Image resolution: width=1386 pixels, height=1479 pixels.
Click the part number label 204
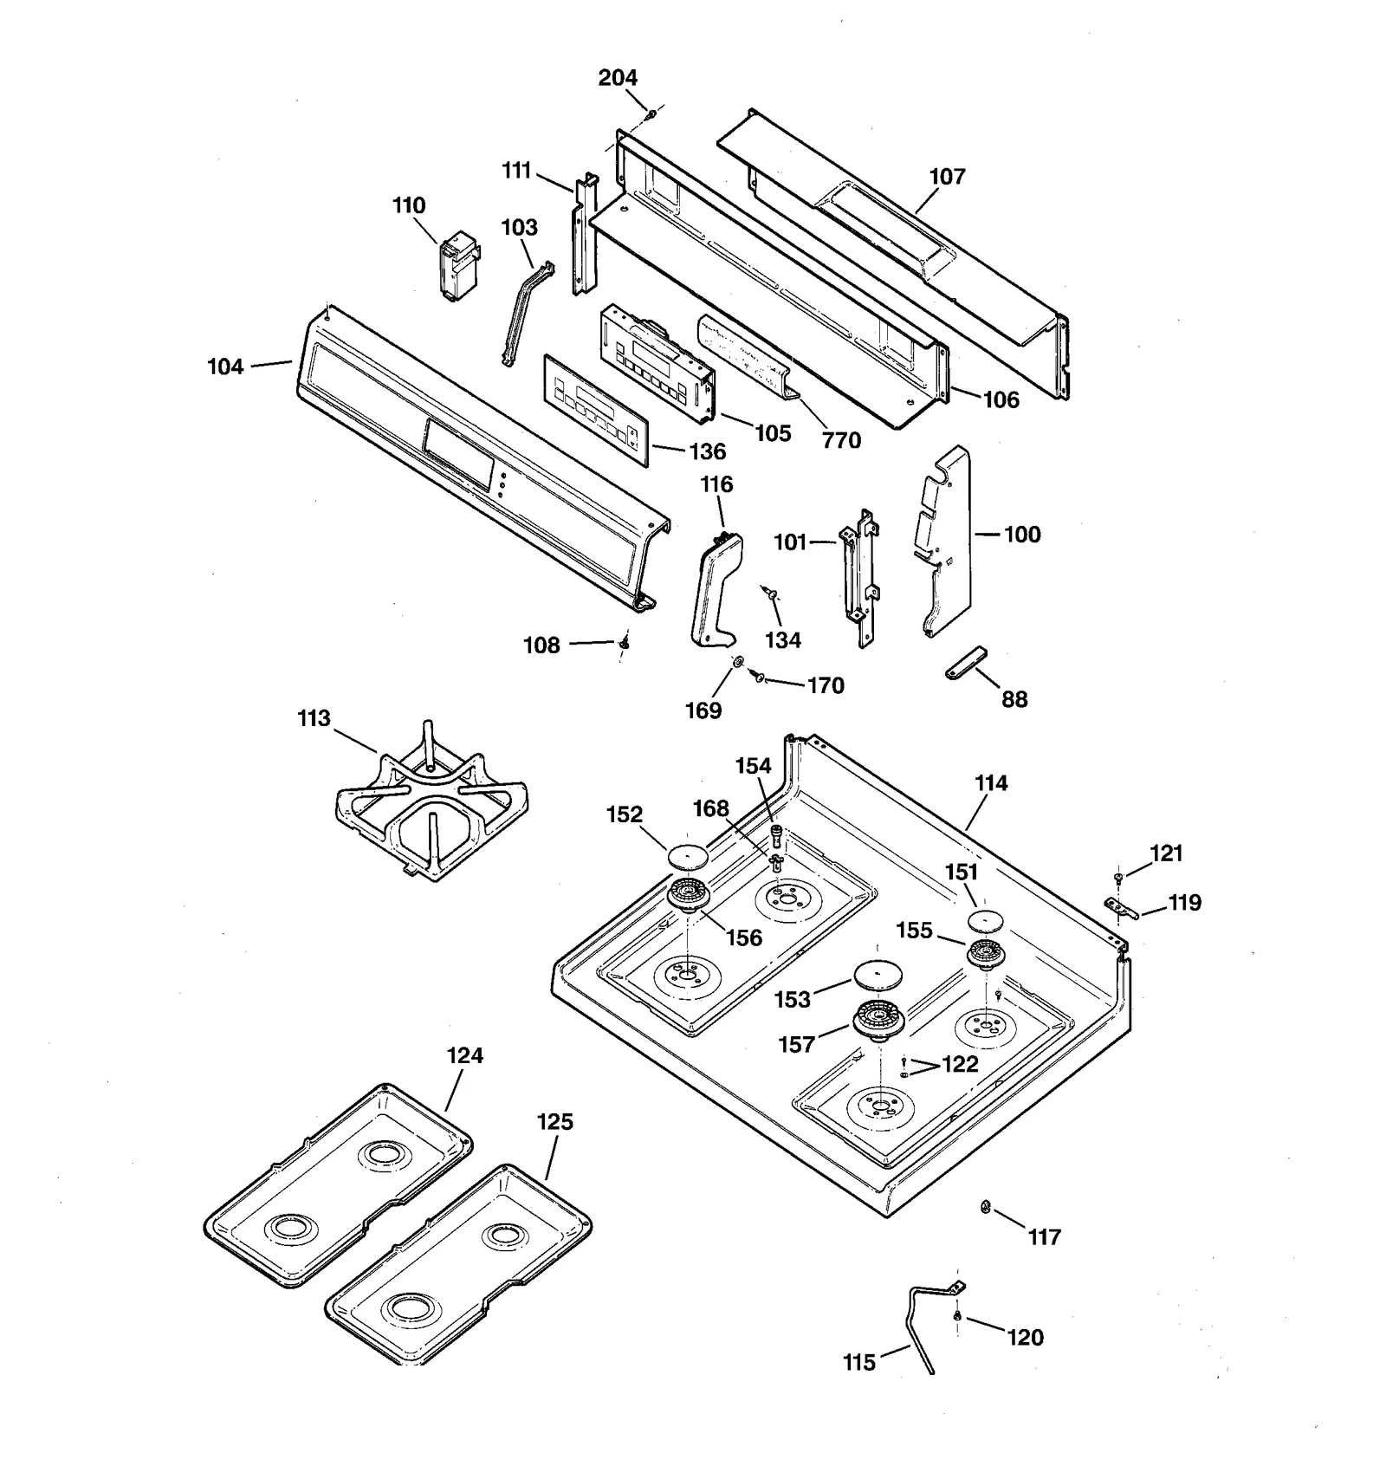(x=618, y=78)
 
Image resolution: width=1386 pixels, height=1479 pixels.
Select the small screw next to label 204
(x=651, y=113)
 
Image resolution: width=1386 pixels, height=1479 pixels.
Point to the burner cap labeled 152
(x=687, y=856)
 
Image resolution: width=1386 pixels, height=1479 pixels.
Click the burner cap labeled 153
(x=878, y=976)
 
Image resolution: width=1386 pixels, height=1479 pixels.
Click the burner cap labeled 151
(x=984, y=920)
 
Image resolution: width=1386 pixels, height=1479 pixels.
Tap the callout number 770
(x=841, y=440)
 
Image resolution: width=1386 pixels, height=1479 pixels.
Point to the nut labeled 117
(x=985, y=1206)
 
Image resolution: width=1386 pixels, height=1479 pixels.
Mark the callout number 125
(x=554, y=1122)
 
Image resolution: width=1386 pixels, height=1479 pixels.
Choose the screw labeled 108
(x=623, y=643)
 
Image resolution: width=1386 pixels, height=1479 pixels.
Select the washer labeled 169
(x=737, y=663)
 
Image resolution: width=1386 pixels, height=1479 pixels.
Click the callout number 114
(x=991, y=783)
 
